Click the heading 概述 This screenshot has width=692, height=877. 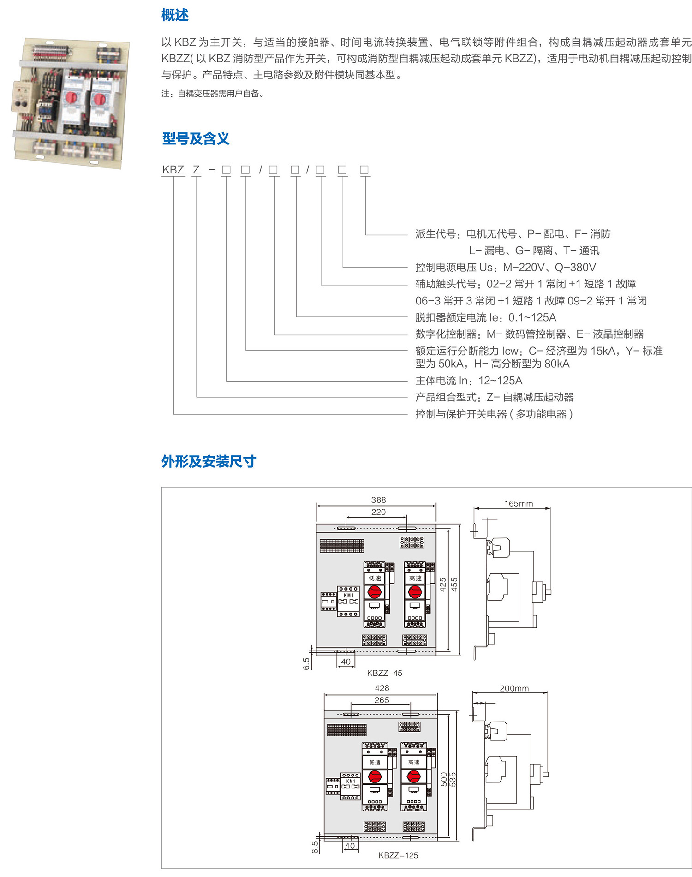(x=175, y=15)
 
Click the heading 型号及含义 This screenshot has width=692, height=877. (x=196, y=138)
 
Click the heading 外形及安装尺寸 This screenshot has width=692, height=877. (x=209, y=461)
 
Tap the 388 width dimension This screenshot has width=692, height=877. (x=378, y=500)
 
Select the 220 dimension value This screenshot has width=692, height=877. (x=378, y=512)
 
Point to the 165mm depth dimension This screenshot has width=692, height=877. (x=519, y=503)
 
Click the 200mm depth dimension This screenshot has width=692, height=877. (x=514, y=688)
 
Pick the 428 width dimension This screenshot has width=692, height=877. (x=382, y=688)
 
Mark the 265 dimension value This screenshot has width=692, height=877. (x=382, y=700)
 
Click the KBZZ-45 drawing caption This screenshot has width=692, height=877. (x=385, y=673)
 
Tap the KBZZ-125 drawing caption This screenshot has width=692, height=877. (x=398, y=855)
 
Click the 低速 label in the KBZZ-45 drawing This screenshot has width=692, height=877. (x=375, y=578)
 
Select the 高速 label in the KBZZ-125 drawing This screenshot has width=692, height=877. (x=414, y=762)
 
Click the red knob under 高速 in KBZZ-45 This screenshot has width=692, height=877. (x=415, y=591)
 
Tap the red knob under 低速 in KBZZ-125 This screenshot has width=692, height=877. (x=375, y=776)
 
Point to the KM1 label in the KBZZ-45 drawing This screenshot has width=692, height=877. (x=349, y=596)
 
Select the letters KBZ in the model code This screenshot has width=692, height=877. (x=173, y=170)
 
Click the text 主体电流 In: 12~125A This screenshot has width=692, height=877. (x=469, y=381)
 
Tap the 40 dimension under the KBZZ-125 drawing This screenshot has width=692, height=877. (x=350, y=846)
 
